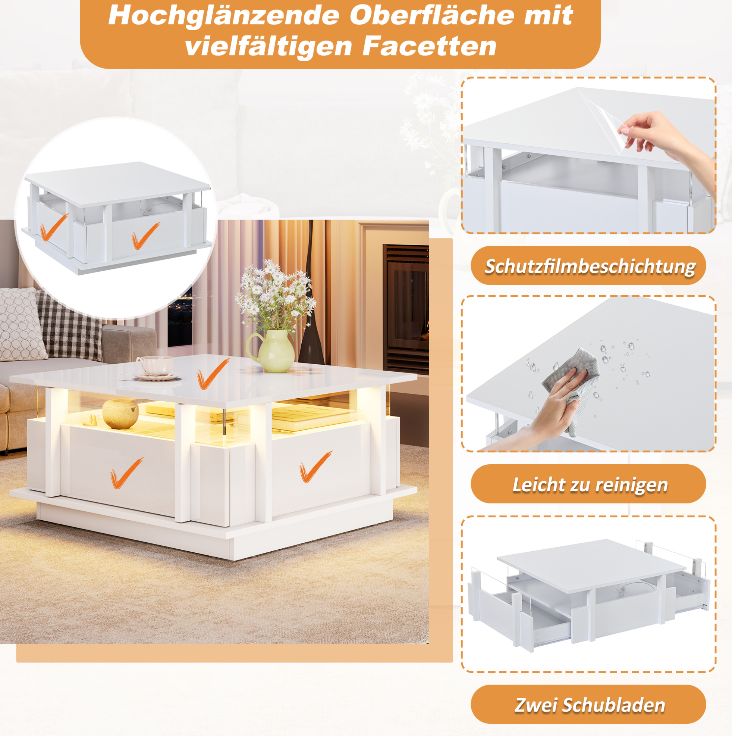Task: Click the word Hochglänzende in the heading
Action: click(224, 16)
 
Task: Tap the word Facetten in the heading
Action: click(429, 46)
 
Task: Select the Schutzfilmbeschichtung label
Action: click(590, 266)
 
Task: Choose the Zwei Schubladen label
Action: click(590, 705)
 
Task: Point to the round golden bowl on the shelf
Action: click(120, 414)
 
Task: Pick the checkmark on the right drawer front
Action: click(315, 466)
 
